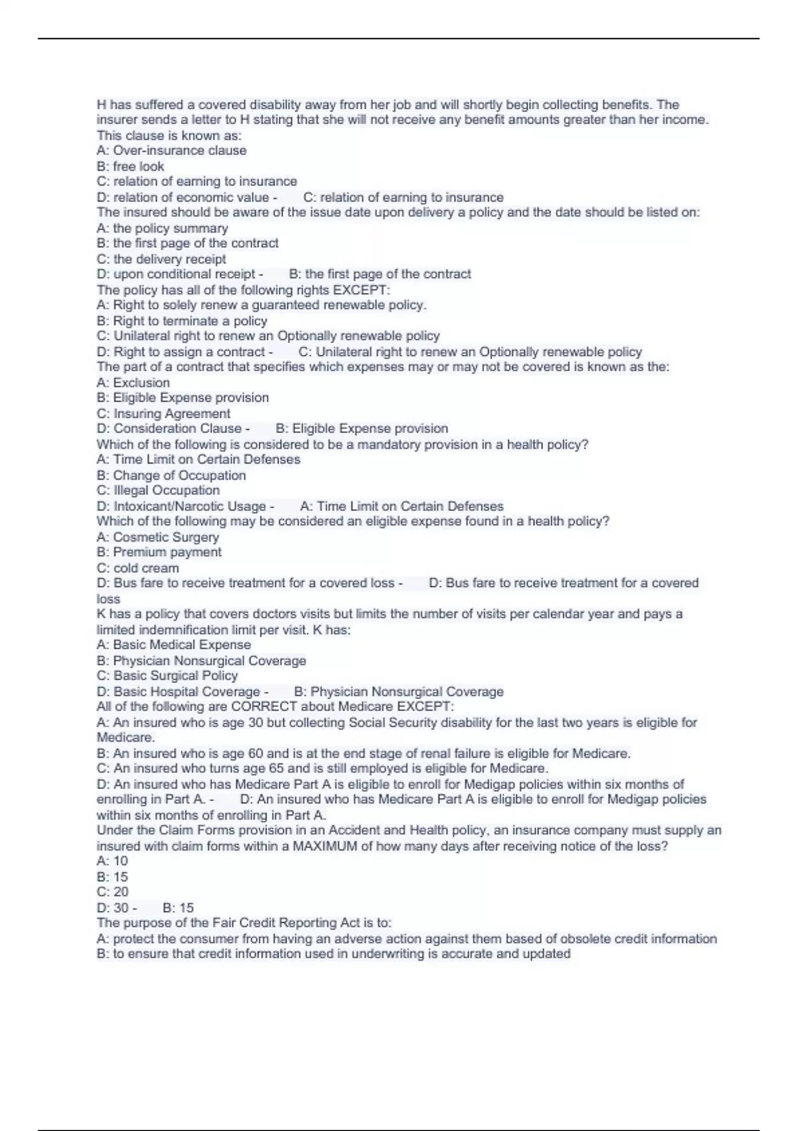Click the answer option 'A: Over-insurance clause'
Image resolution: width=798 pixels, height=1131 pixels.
pyautogui.click(x=172, y=150)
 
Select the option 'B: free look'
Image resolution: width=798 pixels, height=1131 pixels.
pyautogui.click(x=130, y=166)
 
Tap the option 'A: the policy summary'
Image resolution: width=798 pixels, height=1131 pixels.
pyautogui.click(x=162, y=228)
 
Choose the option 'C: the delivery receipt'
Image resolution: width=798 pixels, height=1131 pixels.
pyautogui.click(x=162, y=259)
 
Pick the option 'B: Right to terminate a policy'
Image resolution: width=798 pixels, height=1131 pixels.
pyautogui.click(x=182, y=321)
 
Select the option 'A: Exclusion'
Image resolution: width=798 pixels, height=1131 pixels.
pyautogui.click(x=133, y=383)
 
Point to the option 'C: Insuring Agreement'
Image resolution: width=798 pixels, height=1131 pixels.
pyautogui.click(x=164, y=413)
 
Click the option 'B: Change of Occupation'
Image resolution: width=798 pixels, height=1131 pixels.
pyautogui.click(x=172, y=475)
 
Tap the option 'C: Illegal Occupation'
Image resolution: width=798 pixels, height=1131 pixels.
pyautogui.click(x=158, y=490)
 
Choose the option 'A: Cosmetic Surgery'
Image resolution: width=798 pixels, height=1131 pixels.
pyautogui.click(x=158, y=537)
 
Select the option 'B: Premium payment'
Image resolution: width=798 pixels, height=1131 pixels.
pyautogui.click(x=159, y=552)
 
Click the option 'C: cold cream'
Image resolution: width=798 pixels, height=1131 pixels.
pyautogui.click(x=138, y=568)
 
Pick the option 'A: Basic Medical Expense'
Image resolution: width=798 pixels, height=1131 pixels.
pyautogui.click(x=174, y=645)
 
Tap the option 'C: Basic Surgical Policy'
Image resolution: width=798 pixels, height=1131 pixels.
pyautogui.click(x=167, y=675)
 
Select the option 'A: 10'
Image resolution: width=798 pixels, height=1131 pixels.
pyautogui.click(x=112, y=861)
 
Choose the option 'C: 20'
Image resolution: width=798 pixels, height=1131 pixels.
pyautogui.click(x=112, y=892)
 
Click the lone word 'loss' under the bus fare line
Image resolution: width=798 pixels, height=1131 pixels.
pyautogui.click(x=108, y=599)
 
